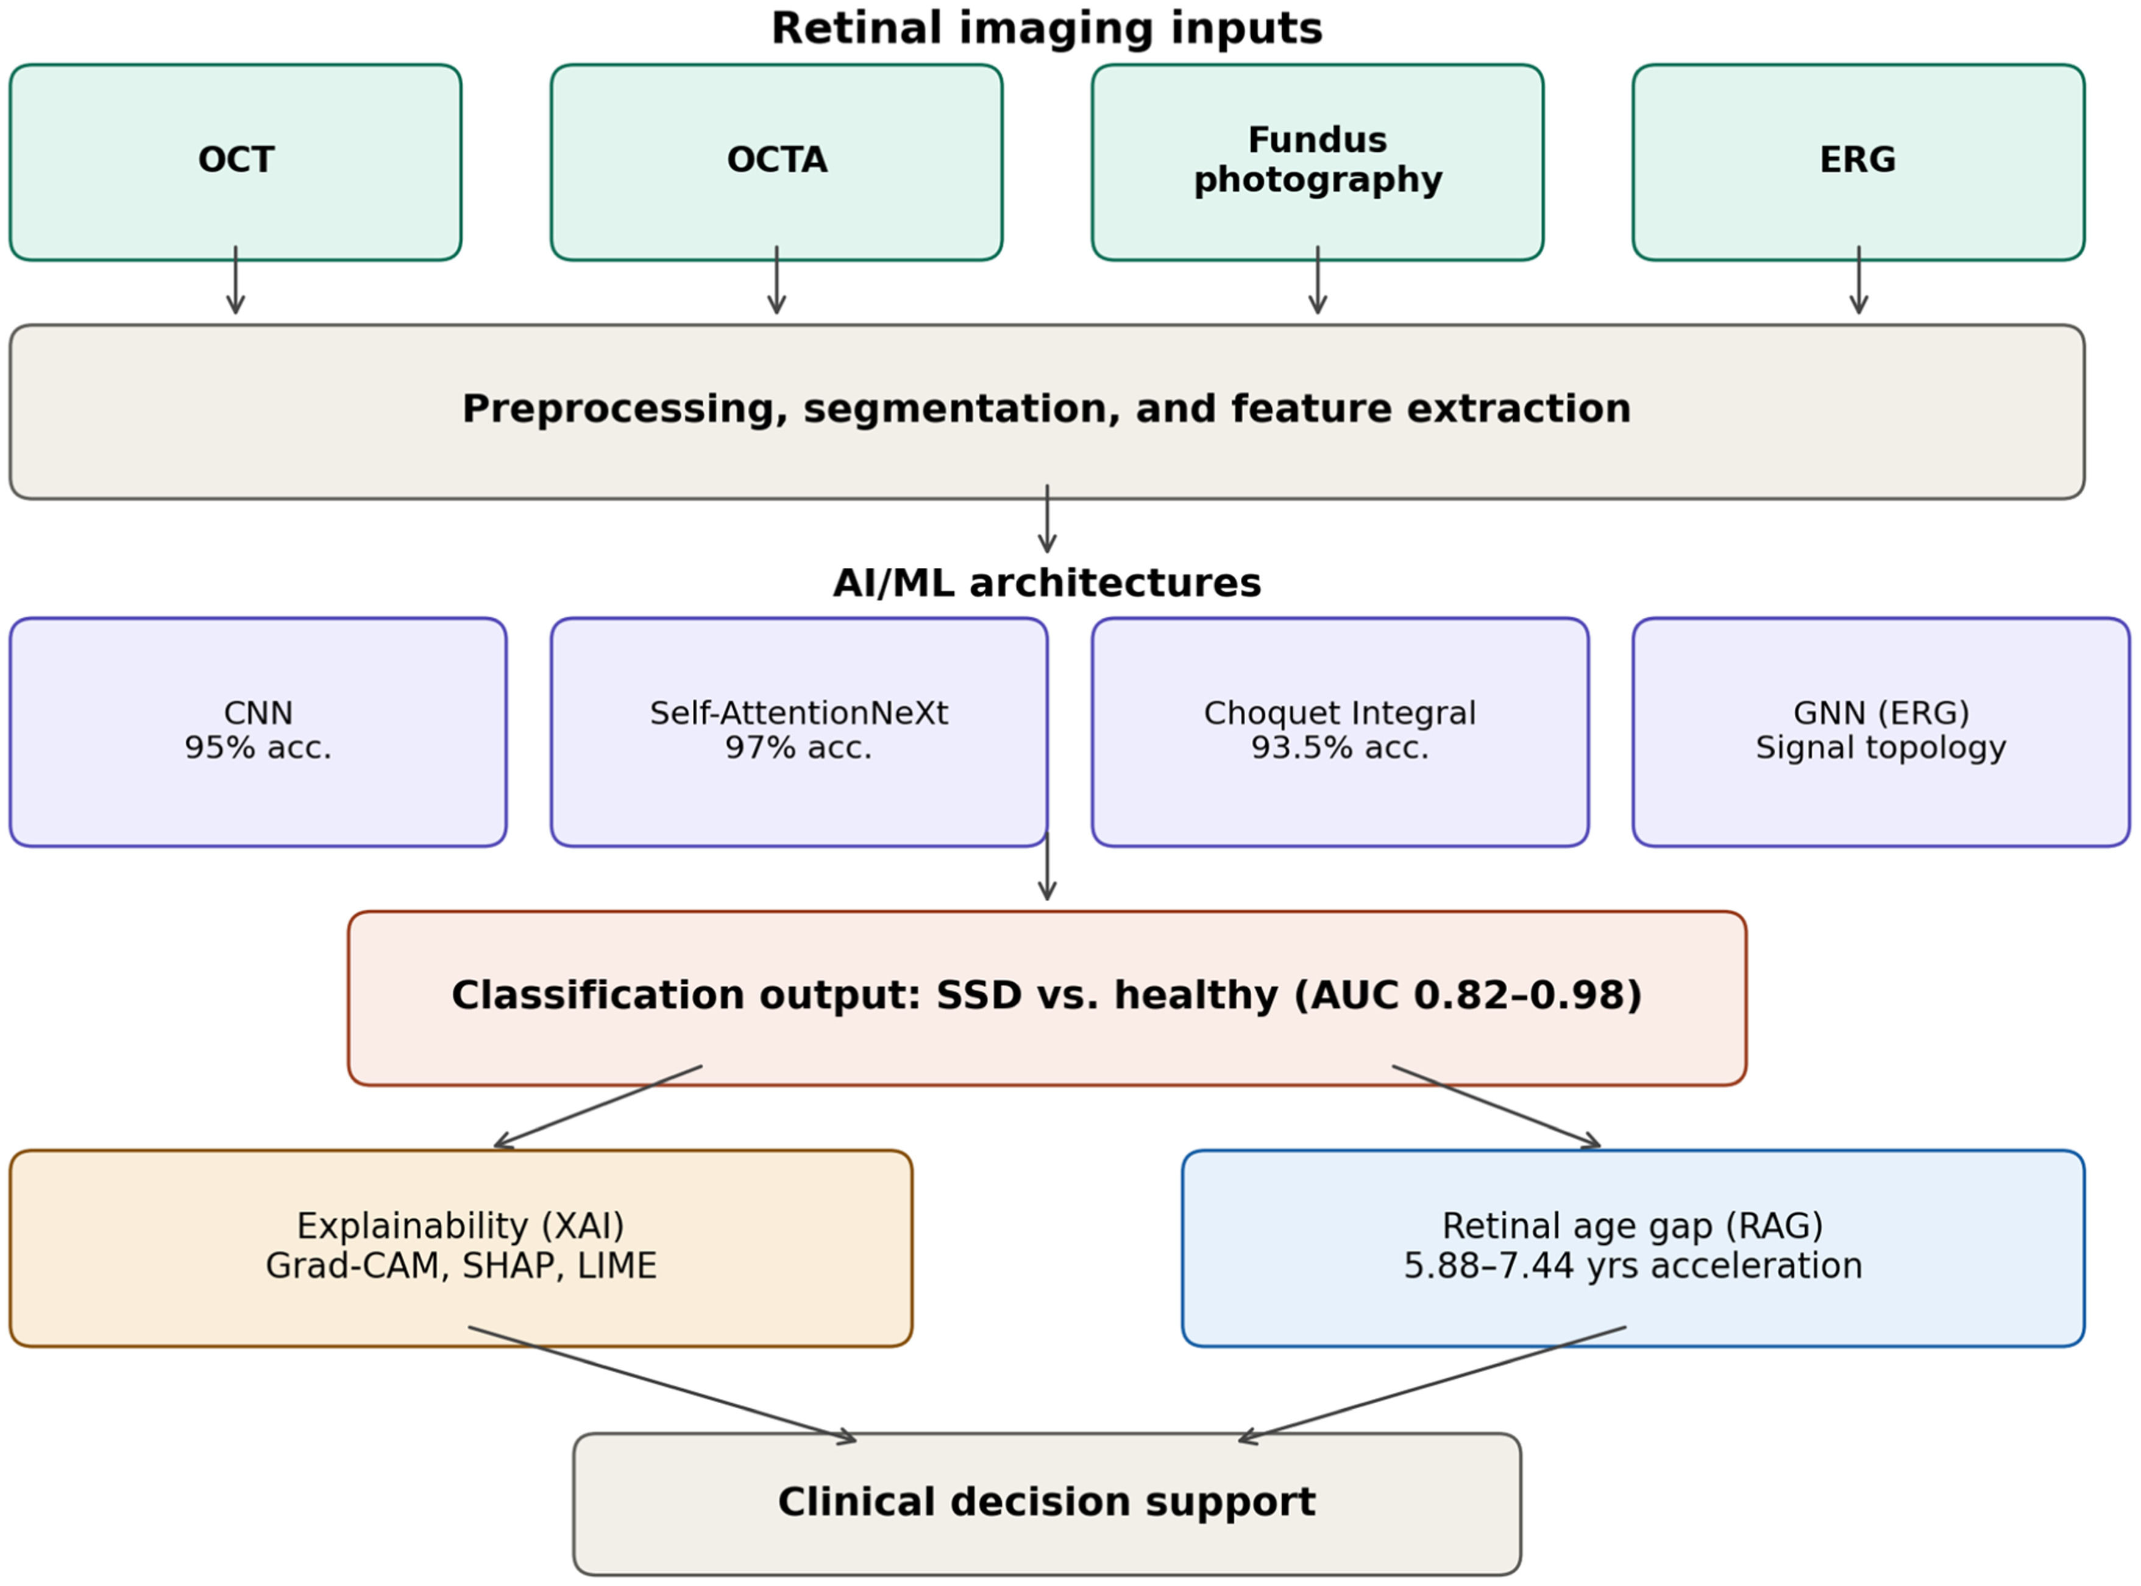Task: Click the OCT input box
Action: coord(235,162)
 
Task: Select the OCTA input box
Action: coord(776,162)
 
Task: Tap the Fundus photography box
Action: coord(1317,162)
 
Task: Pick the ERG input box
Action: coord(1859,162)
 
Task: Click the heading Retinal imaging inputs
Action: coord(1046,28)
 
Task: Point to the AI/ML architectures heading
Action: coord(1046,582)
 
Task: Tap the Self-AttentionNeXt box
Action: coord(799,732)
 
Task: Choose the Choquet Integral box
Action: coord(1340,732)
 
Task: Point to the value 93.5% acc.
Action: coord(1340,748)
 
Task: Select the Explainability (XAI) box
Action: coord(461,1248)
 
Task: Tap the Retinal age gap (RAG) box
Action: coord(1633,1248)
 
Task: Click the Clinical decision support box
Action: coord(1046,1503)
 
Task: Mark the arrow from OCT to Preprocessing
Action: coord(235,280)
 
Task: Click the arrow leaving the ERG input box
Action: coord(1859,280)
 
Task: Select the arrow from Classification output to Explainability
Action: coord(598,1106)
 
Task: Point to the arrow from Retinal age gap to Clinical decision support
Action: coord(1432,1384)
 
